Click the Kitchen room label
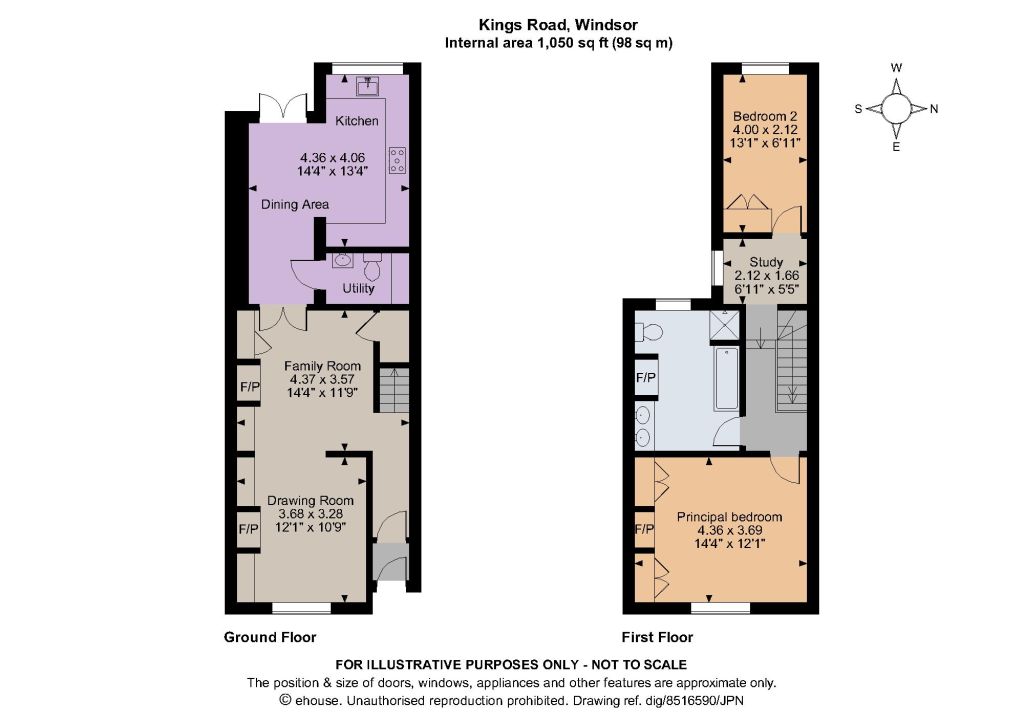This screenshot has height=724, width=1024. click(x=357, y=121)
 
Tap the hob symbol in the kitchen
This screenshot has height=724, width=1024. click(x=397, y=161)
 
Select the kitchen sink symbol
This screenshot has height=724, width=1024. click(x=368, y=86)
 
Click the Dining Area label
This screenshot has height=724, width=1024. click(x=295, y=204)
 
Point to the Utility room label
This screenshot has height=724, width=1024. click(x=359, y=288)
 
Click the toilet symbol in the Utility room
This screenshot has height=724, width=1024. click(x=372, y=266)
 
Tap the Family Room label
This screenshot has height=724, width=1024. click(x=322, y=366)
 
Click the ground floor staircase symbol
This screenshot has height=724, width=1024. click(x=394, y=390)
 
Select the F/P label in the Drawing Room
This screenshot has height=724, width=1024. click(x=248, y=529)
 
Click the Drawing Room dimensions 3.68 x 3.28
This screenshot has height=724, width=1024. click(x=310, y=514)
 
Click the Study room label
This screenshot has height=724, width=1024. click(x=766, y=262)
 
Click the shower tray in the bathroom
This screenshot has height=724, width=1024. click(x=725, y=325)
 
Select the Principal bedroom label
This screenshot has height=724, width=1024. click(x=729, y=516)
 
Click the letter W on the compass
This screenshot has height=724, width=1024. click(x=897, y=68)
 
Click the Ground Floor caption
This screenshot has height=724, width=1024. click(x=270, y=637)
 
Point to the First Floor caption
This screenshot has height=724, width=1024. click(x=657, y=637)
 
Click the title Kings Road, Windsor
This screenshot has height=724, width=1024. click(x=558, y=25)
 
